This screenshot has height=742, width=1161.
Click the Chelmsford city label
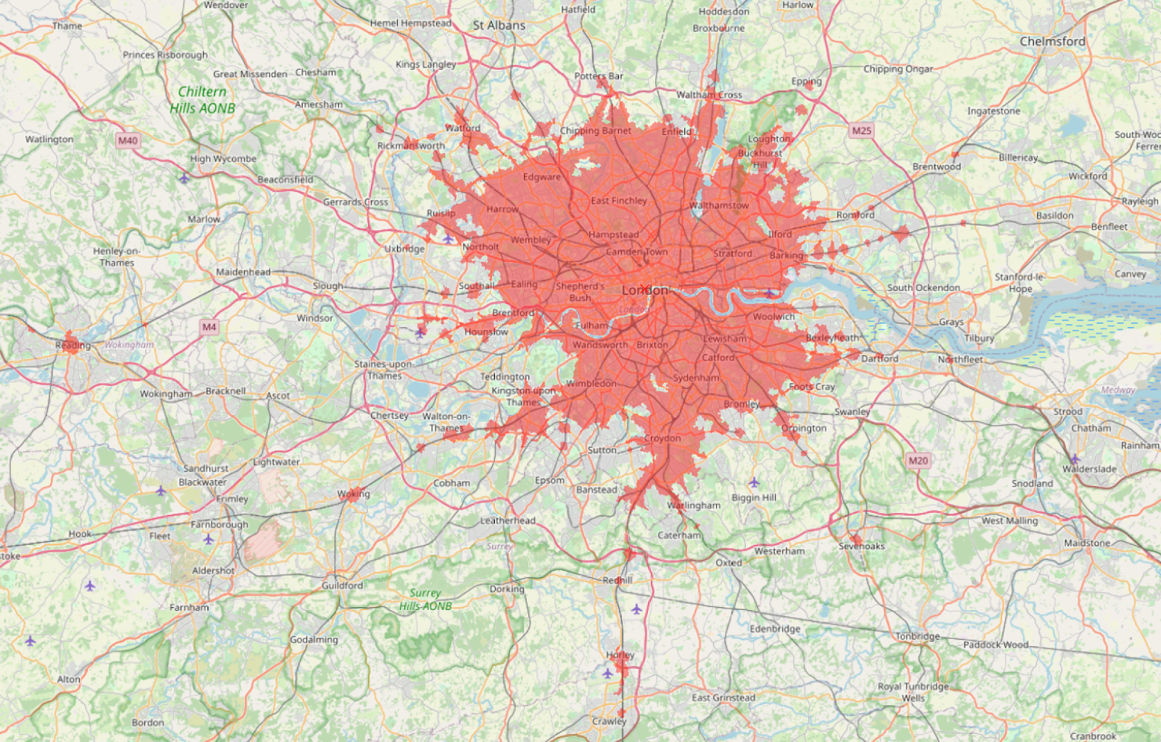tap(1052, 41)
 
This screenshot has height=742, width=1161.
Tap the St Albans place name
tap(499, 25)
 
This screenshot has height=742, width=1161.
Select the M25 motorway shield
tap(861, 131)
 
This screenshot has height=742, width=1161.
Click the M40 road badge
tap(128, 141)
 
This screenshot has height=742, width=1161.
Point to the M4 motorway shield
tap(209, 327)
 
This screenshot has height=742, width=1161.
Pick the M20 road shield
tap(918, 461)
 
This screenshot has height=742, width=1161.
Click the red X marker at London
tap(644, 289)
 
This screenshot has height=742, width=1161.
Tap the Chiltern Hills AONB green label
tap(202, 100)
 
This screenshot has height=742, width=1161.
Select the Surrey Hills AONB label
tap(425, 599)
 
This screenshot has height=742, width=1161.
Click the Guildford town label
tap(342, 585)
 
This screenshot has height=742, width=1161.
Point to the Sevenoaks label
tap(861, 546)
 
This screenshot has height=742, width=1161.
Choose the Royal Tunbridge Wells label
tap(913, 692)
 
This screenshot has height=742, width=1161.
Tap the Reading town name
tap(73, 345)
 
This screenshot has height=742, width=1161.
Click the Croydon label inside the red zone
tap(662, 438)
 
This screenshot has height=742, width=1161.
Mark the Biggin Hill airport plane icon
tap(754, 482)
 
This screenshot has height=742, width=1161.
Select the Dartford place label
tap(879, 358)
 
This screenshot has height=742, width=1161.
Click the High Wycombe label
tap(223, 159)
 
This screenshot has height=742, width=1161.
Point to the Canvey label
tap(1130, 274)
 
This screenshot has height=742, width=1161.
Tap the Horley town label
tap(620, 655)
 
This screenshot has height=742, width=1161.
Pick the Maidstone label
tap(1086, 543)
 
